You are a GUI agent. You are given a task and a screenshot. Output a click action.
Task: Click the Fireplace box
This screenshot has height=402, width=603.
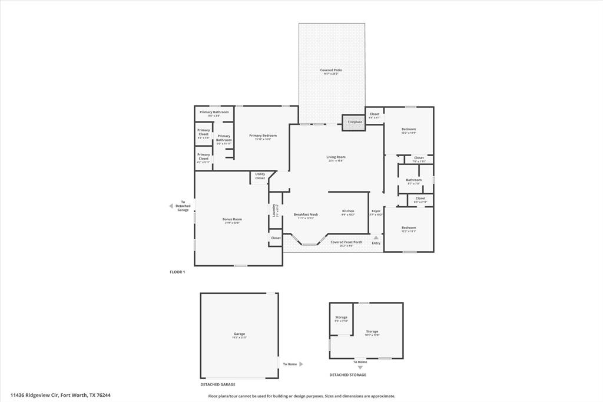click(x=354, y=122)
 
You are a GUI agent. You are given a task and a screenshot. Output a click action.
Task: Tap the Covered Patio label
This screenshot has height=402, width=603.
click(x=331, y=70)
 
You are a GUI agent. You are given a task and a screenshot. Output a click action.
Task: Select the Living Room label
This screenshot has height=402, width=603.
click(x=336, y=157)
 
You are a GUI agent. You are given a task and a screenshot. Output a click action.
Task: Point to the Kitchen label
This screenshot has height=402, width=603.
click(x=348, y=211)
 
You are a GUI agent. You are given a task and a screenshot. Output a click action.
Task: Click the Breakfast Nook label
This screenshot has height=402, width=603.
click(x=306, y=215)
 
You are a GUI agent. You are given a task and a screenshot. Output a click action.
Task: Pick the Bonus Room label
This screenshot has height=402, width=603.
click(x=232, y=219)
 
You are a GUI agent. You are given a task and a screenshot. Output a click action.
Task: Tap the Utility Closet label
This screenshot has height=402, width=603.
click(x=260, y=176)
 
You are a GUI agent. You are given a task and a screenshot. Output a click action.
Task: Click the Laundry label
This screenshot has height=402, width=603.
click(x=274, y=209)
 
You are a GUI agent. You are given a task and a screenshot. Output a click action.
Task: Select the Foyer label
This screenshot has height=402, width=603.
click(x=376, y=211)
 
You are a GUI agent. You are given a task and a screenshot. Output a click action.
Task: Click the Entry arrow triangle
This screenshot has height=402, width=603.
click(x=376, y=238)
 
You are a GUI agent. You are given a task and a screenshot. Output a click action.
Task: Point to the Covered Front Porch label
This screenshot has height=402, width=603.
click(x=346, y=242)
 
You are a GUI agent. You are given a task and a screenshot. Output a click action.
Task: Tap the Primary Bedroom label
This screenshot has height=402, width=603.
click(x=263, y=136)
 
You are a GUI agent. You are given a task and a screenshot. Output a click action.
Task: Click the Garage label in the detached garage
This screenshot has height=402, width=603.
click(x=239, y=334)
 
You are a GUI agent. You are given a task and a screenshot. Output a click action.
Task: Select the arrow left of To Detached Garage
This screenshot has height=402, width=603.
click(x=171, y=206)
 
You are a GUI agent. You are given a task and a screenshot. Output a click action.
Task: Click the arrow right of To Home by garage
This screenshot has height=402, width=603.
click(x=301, y=364)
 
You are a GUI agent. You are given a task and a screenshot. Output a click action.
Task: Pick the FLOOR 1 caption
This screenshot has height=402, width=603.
click(x=177, y=272)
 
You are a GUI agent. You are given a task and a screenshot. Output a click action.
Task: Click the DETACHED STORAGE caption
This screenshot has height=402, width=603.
click(x=347, y=375)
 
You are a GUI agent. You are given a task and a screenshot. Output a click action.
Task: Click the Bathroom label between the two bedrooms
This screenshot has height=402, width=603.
click(x=413, y=180)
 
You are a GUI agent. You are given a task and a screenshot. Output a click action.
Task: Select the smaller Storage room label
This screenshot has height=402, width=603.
click(x=341, y=318)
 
